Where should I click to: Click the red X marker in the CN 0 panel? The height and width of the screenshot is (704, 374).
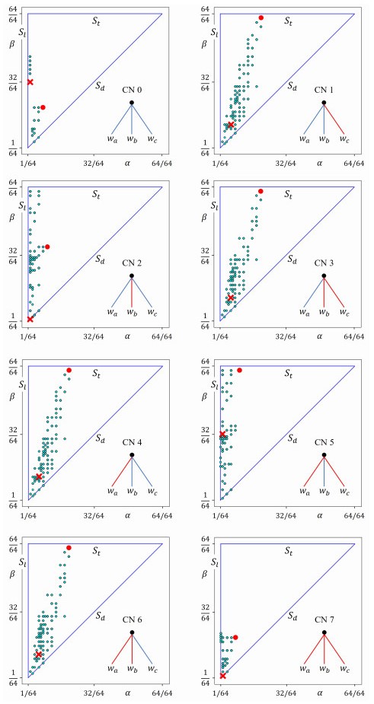click(30, 81)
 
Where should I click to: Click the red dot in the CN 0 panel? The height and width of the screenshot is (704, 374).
click(43, 108)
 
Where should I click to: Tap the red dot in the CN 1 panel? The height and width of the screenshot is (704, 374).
click(261, 18)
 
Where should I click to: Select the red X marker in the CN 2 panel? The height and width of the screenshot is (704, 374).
click(30, 319)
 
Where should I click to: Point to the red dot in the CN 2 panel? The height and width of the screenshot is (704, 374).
click(47, 247)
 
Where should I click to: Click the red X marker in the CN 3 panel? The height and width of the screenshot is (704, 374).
click(231, 298)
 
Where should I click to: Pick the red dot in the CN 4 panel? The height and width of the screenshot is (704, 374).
click(69, 370)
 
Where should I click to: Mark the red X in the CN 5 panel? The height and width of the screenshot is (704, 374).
click(222, 435)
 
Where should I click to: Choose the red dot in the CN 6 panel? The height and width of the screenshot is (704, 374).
click(69, 548)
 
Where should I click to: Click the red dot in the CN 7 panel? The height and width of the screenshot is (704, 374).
click(235, 637)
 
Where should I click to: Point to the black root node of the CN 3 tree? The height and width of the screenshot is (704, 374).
click(324, 276)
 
